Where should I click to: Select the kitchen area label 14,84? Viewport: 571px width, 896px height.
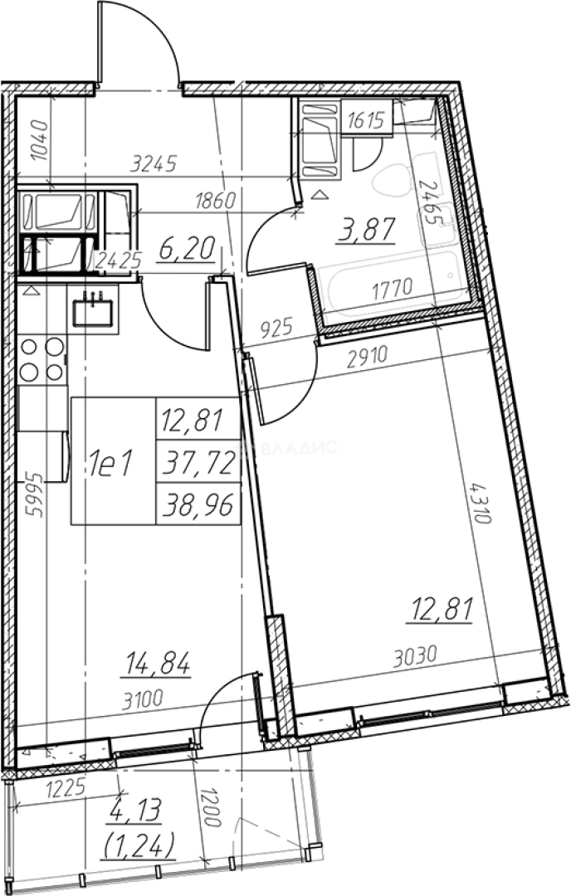coord(155,665)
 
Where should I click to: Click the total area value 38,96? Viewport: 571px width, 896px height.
coord(198,504)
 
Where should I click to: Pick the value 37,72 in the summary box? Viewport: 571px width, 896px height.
coord(198,462)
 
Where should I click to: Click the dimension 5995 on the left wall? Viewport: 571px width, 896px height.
coord(36,494)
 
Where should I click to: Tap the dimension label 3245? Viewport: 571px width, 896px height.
coord(154,164)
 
